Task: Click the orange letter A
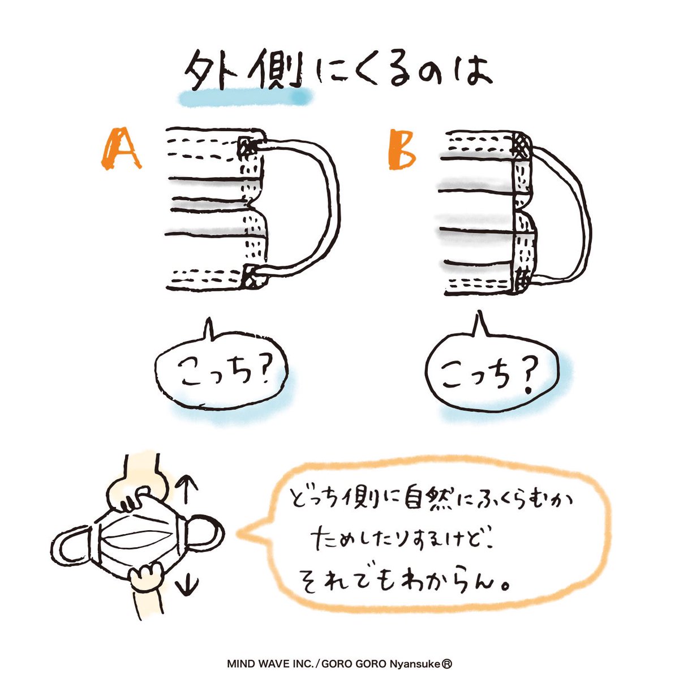click(121, 148)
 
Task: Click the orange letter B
click(402, 149)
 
